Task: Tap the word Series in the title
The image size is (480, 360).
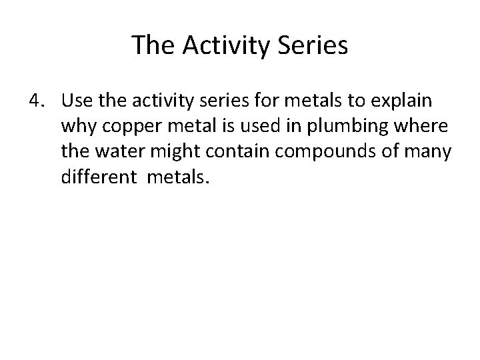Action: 314,45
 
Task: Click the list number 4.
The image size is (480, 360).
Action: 36,102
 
